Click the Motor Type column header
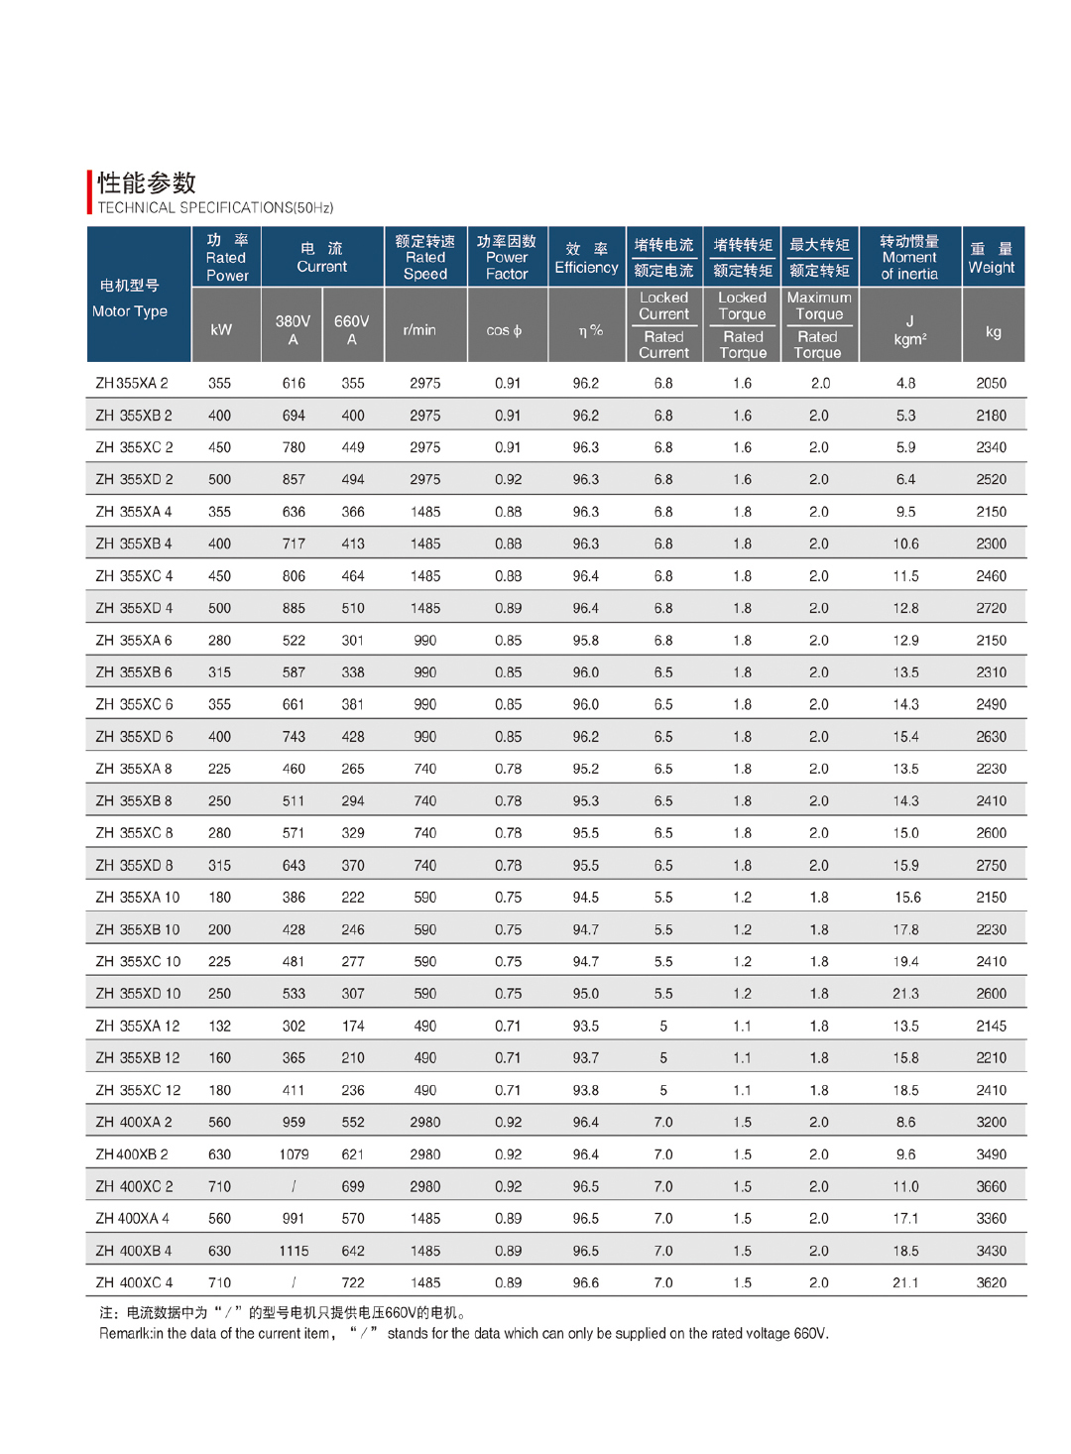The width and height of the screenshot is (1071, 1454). [x=130, y=299]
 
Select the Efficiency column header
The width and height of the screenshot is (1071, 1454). [x=586, y=258]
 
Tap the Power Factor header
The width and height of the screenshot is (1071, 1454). [x=507, y=258]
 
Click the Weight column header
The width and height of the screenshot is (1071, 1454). [x=992, y=258]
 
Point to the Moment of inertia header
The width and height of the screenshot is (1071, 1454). [x=909, y=258]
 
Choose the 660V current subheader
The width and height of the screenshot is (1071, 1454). [x=352, y=329]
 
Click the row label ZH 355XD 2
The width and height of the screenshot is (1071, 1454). [x=134, y=479]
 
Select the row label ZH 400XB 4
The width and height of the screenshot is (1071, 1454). [x=134, y=1251]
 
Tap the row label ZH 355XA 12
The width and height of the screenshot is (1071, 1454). [x=138, y=1026]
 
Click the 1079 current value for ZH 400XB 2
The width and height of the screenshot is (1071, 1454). [x=294, y=1154]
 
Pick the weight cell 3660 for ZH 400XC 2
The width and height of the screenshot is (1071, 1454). [x=991, y=1186]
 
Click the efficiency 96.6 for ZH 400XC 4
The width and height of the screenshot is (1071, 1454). [x=586, y=1282]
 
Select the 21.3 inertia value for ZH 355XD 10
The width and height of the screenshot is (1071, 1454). [x=905, y=994]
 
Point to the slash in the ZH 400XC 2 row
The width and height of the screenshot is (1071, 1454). [x=294, y=1186]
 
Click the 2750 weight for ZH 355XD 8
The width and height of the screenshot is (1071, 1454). [x=991, y=865]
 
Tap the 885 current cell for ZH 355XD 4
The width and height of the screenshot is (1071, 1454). [x=294, y=608]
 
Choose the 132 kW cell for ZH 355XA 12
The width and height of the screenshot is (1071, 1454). [x=219, y=1026]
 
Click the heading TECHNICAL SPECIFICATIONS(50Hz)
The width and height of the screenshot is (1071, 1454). [x=215, y=208]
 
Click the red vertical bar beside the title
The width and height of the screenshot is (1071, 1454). [x=90, y=191]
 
